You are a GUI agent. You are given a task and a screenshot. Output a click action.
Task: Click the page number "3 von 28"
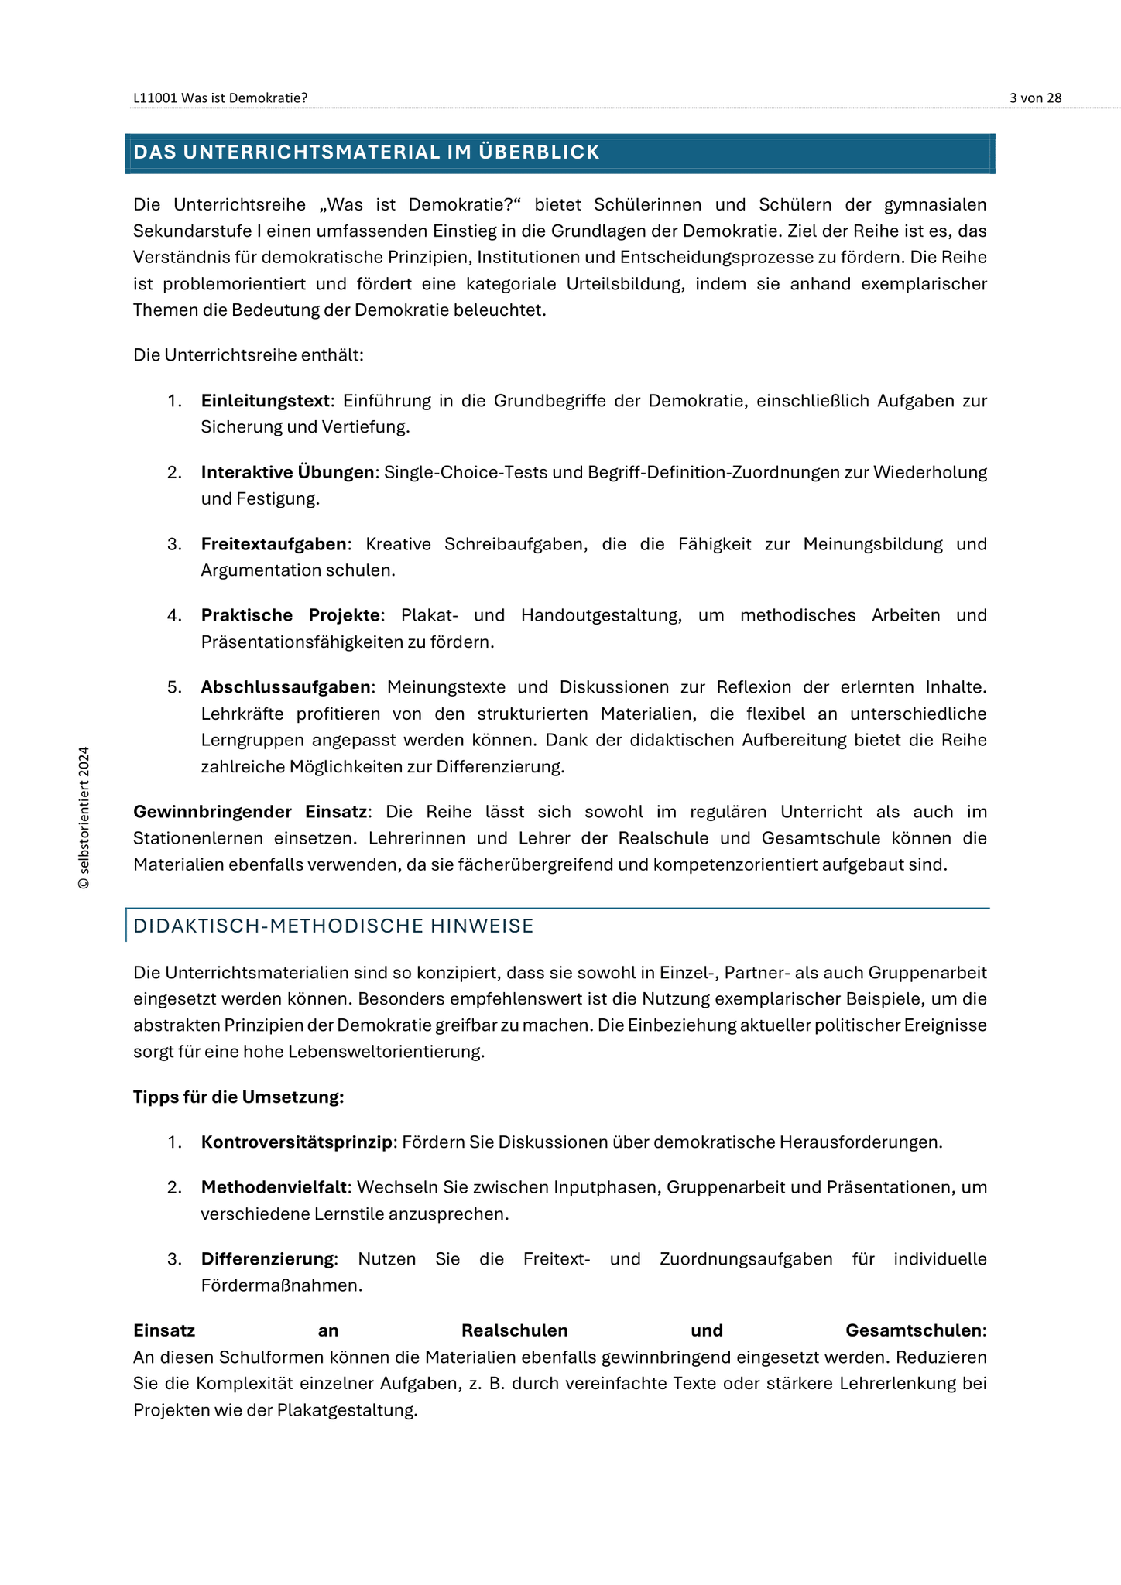(x=1035, y=98)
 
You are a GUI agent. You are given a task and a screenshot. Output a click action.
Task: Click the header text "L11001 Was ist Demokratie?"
(x=220, y=98)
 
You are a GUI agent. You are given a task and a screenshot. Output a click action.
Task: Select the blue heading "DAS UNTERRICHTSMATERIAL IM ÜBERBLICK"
(x=366, y=152)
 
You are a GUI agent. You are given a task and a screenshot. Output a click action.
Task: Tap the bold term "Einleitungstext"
(x=266, y=401)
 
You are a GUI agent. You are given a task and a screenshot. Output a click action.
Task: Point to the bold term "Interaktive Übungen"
(x=287, y=472)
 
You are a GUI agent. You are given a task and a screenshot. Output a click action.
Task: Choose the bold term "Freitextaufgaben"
(x=273, y=544)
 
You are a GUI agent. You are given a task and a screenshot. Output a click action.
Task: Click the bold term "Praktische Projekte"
(x=290, y=615)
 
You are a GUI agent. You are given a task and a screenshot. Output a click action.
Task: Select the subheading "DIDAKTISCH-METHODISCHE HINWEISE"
(x=334, y=926)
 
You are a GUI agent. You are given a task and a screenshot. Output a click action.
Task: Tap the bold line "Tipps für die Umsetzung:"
(x=238, y=1097)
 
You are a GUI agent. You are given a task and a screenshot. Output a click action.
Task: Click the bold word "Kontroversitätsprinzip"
(x=297, y=1142)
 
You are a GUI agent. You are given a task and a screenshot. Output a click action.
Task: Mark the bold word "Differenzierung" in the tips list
(x=268, y=1259)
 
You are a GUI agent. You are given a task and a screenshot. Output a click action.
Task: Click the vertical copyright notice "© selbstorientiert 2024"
(x=84, y=818)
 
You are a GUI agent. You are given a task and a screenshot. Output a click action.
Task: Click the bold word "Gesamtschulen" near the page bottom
(x=914, y=1330)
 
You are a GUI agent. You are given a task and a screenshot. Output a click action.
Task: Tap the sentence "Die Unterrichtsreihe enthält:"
(x=249, y=355)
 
